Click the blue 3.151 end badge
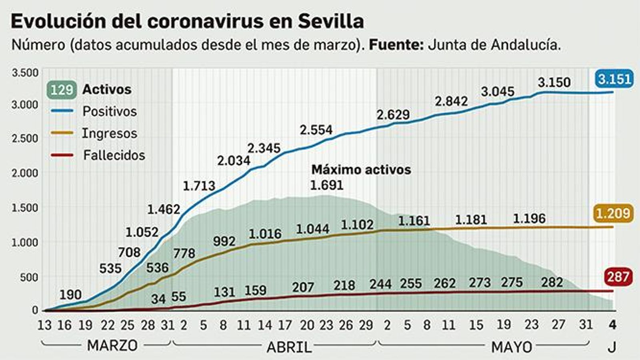point(614,79)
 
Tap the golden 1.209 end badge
point(613,214)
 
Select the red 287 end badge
point(618,277)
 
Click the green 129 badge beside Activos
point(62,90)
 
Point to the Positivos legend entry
point(109,111)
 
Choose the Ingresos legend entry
point(109,133)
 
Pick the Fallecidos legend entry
point(114,155)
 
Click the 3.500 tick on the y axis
point(25,73)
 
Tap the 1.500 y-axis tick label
point(25,208)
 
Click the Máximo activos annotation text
point(361,170)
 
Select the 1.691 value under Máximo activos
point(326,185)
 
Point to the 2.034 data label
point(234,161)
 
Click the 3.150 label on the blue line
point(554,82)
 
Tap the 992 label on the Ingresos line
point(224,241)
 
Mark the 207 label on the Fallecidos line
point(303,287)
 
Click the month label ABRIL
point(289,347)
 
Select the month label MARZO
point(112,346)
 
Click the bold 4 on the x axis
point(612,325)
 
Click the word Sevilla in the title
point(331,21)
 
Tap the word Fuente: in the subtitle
point(396,45)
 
